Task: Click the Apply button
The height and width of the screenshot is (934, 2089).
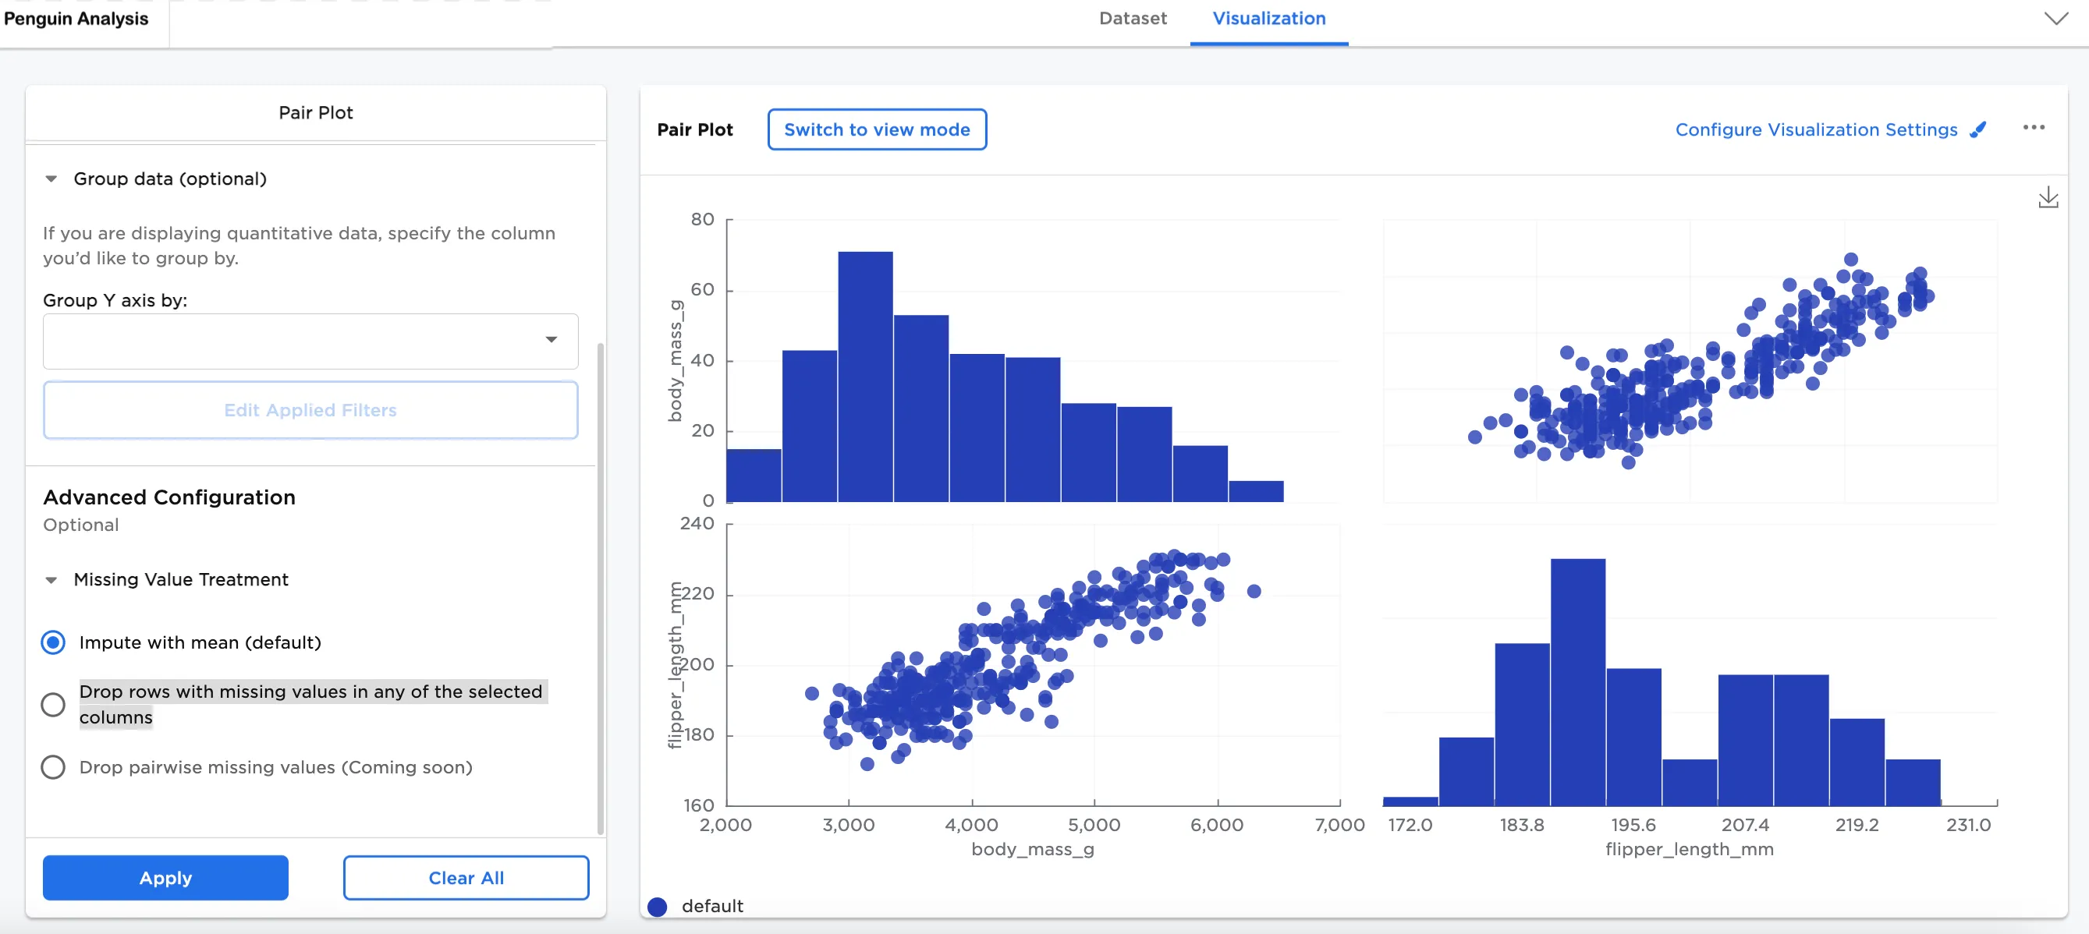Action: point(165,877)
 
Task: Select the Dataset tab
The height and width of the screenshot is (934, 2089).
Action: point(1132,18)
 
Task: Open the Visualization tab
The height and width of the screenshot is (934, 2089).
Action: point(1269,18)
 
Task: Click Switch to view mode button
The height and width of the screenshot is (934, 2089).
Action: point(877,129)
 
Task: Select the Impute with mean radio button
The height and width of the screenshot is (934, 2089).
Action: point(54,643)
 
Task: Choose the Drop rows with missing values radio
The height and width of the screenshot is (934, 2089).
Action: point(54,705)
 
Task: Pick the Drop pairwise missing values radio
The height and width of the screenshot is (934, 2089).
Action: point(54,767)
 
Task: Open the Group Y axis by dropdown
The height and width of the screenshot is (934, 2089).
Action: point(310,341)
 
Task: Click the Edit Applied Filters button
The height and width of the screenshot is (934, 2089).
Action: point(310,410)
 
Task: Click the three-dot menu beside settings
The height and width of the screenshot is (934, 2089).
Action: point(2033,127)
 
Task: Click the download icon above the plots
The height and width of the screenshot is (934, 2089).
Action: point(2048,197)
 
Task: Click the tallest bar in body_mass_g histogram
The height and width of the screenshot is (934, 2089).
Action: point(865,377)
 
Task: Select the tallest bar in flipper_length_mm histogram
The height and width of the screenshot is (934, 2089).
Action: point(1577,682)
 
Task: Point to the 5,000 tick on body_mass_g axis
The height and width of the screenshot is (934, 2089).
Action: point(1094,825)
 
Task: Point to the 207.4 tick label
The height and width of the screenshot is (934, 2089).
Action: point(1745,825)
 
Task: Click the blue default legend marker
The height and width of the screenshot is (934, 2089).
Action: point(658,907)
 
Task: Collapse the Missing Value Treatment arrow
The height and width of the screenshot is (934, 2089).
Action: point(51,580)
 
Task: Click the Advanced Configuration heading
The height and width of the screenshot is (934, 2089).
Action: point(169,497)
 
